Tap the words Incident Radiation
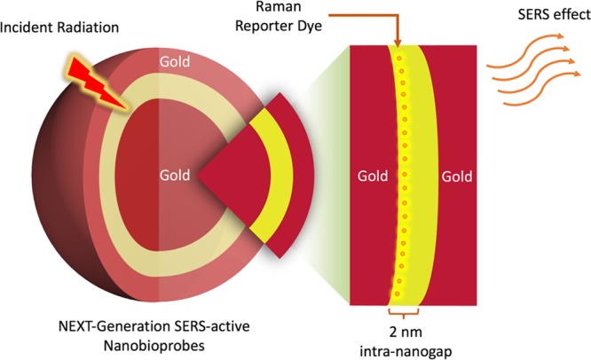[x=59, y=27]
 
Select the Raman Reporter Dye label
[x=279, y=17]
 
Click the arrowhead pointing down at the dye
[x=398, y=43]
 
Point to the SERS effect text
[x=554, y=14]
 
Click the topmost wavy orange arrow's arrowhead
[x=561, y=36]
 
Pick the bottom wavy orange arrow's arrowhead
[x=578, y=74]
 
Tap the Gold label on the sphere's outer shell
[x=175, y=62]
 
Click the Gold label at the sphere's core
[x=175, y=175]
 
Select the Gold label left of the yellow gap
[x=373, y=176]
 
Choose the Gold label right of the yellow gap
[x=457, y=176]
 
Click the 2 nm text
[x=406, y=333]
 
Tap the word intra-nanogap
[x=406, y=351]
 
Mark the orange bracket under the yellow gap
[x=403, y=312]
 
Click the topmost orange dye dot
[x=399, y=59]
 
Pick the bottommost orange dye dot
[x=397, y=293]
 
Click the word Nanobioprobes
[x=154, y=345]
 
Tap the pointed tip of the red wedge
[x=198, y=176]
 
